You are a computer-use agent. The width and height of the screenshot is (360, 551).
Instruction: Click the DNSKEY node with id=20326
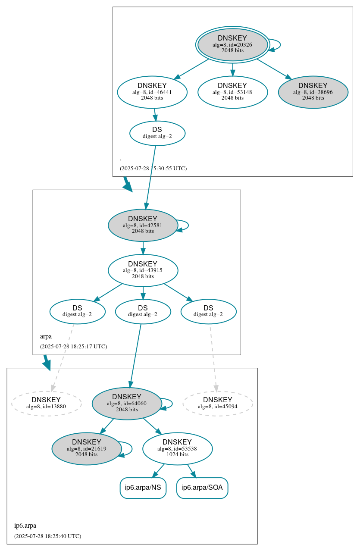[232, 44]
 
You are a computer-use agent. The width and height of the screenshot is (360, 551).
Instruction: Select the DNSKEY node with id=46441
[152, 92]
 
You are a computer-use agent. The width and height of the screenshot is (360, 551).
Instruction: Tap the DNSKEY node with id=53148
[232, 92]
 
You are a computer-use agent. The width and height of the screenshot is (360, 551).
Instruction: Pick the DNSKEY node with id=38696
[313, 92]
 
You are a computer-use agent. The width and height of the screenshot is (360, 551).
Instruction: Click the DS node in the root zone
[157, 133]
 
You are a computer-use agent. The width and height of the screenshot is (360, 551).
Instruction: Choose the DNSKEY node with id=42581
[143, 225]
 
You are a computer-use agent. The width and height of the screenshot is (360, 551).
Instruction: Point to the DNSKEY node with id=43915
[143, 270]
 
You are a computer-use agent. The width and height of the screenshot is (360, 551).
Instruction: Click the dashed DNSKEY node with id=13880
[46, 404]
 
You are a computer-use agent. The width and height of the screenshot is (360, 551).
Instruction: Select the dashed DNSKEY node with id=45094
[218, 404]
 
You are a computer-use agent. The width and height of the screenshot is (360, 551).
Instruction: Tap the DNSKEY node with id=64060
[127, 404]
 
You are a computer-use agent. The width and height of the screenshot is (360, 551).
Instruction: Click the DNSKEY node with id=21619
[86, 449]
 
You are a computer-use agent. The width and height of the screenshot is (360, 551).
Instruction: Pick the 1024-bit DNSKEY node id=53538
[177, 449]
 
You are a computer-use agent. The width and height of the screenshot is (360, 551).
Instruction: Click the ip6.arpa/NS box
[143, 488]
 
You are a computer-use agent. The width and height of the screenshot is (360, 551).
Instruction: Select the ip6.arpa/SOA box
[202, 488]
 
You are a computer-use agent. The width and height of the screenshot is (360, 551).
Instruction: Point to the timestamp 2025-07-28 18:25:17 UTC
[73, 347]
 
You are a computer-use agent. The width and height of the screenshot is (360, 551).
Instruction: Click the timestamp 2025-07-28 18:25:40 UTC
[47, 536]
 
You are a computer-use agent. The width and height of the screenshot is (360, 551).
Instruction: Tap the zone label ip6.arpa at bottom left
[25, 526]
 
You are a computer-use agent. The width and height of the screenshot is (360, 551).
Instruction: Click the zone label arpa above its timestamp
[46, 336]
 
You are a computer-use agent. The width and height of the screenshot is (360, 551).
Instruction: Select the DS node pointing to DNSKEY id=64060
[143, 311]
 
